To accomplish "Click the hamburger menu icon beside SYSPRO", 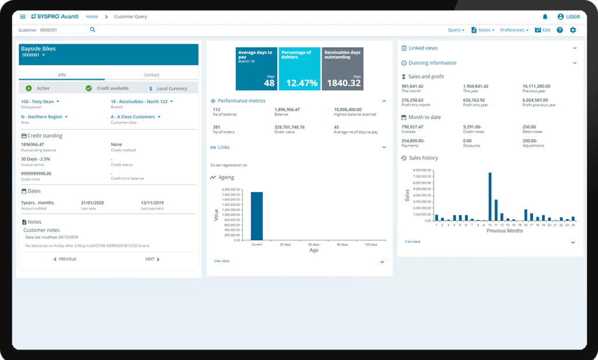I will (23, 17).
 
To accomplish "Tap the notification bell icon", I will (545, 17).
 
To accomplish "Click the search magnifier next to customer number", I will (92, 30).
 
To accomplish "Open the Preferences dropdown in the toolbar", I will (514, 30).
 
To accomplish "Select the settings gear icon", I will (573, 30).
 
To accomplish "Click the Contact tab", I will (151, 75).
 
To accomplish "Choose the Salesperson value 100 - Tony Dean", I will (40, 102).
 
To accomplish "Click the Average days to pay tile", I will (256, 69).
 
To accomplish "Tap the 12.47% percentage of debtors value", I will (299, 83).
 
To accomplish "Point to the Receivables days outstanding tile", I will (342, 69).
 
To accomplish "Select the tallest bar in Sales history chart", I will (490, 196).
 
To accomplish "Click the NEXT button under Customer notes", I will (152, 259).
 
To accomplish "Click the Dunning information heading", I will (432, 63).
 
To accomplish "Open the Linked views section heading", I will (423, 48).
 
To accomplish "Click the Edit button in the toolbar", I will (543, 30).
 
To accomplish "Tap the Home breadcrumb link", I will (92, 17).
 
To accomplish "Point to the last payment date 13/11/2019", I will (153, 203).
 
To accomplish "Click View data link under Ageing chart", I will (221, 261).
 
